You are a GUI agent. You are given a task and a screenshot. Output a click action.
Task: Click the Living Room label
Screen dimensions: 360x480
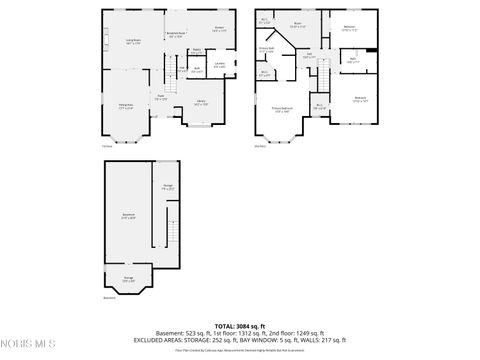(132, 41)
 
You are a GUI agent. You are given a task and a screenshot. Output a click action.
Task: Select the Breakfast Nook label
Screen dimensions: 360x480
(174, 34)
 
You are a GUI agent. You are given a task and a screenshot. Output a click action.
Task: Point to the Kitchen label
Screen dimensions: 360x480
(218, 29)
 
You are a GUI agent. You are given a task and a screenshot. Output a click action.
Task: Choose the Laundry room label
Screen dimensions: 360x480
(219, 67)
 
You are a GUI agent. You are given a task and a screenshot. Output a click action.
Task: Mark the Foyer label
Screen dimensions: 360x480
(160, 98)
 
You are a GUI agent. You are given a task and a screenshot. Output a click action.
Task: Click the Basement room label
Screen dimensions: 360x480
(128, 216)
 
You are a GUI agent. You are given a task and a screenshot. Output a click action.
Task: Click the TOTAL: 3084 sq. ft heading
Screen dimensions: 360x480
(239, 326)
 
